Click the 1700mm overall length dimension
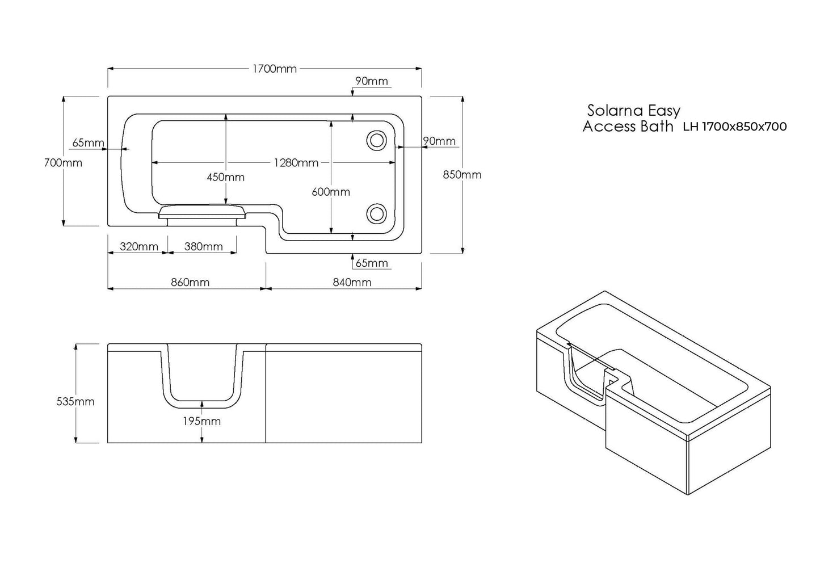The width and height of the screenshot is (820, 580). pyautogui.click(x=275, y=69)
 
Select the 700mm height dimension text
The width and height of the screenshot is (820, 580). pyautogui.click(x=63, y=163)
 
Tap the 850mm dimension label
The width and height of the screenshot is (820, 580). pyautogui.click(x=462, y=175)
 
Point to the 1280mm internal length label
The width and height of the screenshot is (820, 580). pyautogui.click(x=296, y=163)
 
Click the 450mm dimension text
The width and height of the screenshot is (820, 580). pyautogui.click(x=225, y=177)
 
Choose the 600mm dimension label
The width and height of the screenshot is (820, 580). pyautogui.click(x=331, y=192)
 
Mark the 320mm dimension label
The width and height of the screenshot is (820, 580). pyautogui.click(x=139, y=246)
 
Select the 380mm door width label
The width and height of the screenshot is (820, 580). pyautogui.click(x=204, y=246)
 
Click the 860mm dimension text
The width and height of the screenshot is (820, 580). pyautogui.click(x=190, y=282)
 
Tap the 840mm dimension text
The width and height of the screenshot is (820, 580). pyautogui.click(x=352, y=282)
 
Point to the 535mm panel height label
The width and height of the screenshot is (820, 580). pyautogui.click(x=75, y=401)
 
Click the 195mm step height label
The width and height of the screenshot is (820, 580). pyautogui.click(x=203, y=421)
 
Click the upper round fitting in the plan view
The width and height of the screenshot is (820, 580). pyautogui.click(x=376, y=140)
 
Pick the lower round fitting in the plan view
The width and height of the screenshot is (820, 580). pyautogui.click(x=376, y=214)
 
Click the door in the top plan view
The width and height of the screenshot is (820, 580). pyautogui.click(x=203, y=212)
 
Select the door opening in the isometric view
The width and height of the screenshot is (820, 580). pyautogui.click(x=584, y=375)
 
